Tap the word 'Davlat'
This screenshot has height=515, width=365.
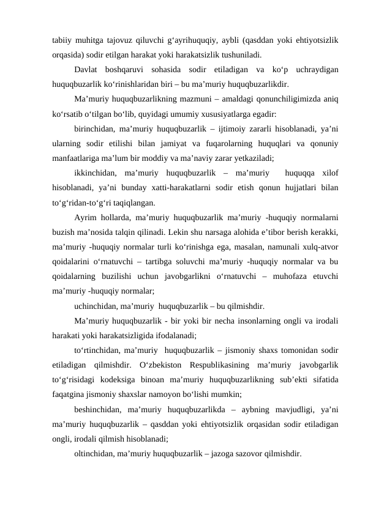pyautogui.click(x=86, y=70)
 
